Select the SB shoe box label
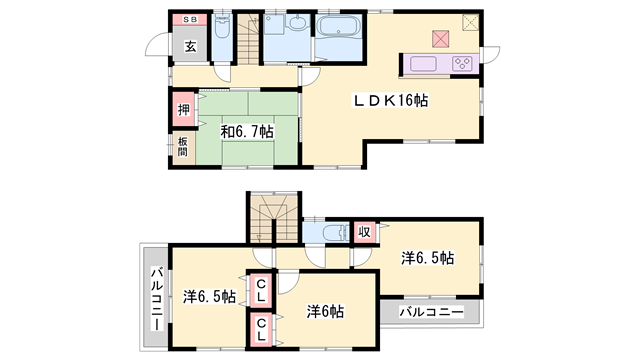tap(188, 20)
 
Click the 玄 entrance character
tap(190, 46)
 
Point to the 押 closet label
tap(184, 111)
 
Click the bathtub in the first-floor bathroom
tap(341, 28)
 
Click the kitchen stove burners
tap(462, 64)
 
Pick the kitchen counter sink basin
tap(420, 64)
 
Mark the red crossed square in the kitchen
tap(440, 39)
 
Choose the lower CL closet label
tap(261, 328)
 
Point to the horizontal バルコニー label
tap(431, 312)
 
